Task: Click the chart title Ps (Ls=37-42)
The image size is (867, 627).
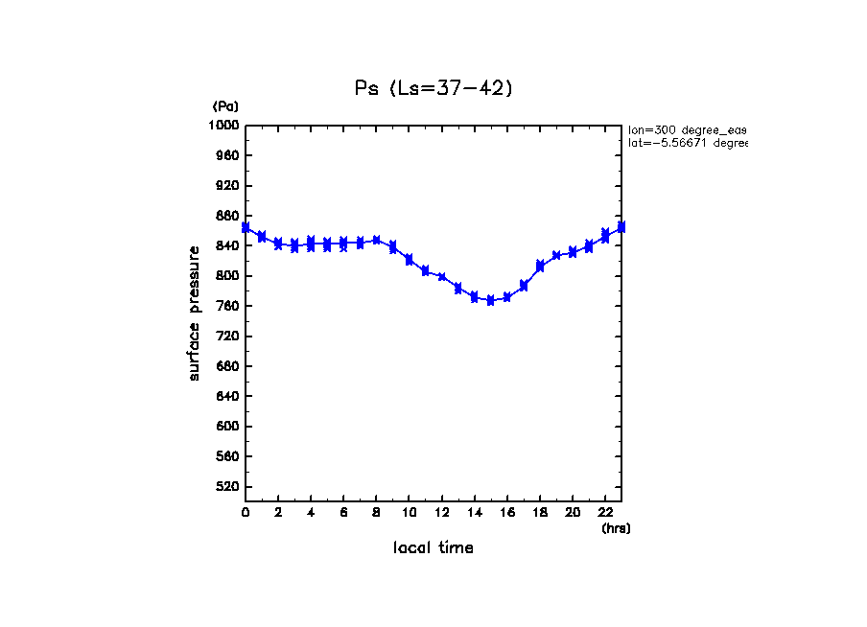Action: (434, 88)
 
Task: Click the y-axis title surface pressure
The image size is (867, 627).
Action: (195, 313)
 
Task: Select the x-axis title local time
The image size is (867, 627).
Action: (433, 548)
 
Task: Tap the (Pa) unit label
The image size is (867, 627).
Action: (225, 106)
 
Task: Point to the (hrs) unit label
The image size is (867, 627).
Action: (616, 528)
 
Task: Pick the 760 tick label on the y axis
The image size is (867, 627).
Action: (227, 307)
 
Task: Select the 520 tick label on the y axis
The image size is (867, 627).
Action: (227, 487)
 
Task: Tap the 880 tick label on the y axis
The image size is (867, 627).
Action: (227, 216)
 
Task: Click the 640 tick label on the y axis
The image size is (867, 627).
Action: (227, 397)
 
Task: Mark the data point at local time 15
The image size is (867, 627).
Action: (490, 300)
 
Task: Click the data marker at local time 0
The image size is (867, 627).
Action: (246, 227)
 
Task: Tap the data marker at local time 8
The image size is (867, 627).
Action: (376, 240)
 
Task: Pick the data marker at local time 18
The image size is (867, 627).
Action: (540, 266)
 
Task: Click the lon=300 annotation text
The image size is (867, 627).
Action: (687, 129)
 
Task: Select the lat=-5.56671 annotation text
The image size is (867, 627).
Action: (687, 143)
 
